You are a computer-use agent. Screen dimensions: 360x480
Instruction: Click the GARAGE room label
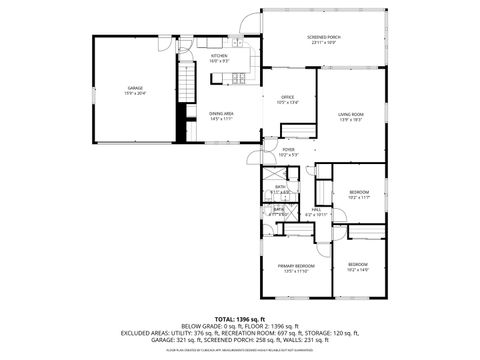pos(136,89)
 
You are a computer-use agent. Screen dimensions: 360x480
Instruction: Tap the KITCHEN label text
pos(219,56)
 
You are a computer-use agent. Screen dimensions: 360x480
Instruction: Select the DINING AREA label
pos(221,113)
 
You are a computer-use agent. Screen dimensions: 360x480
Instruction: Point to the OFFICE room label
pos(287,97)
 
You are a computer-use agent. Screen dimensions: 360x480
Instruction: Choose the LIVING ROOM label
pos(350,114)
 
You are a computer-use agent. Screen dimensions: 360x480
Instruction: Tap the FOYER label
pos(287,150)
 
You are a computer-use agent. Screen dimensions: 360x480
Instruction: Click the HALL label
pos(316,208)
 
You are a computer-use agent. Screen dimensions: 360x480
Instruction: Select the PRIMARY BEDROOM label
pos(298,265)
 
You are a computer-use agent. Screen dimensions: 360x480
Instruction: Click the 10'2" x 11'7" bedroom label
pos(358,191)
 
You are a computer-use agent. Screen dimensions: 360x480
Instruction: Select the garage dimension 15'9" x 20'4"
pos(136,94)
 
